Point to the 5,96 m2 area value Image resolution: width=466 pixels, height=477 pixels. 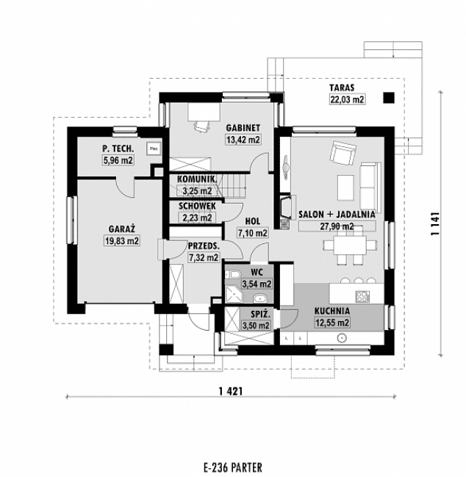pos(118,159)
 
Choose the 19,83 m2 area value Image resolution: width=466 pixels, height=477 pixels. pos(122,240)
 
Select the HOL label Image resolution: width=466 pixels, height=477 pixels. pos(251,221)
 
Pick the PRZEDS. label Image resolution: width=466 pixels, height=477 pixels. pos(204,247)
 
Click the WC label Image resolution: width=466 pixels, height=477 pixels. pos(257,272)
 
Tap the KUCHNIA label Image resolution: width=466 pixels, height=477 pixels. pos(332,311)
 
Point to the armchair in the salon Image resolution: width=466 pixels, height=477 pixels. pos(340,152)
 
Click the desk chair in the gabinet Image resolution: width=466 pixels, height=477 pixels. pos(201,126)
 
